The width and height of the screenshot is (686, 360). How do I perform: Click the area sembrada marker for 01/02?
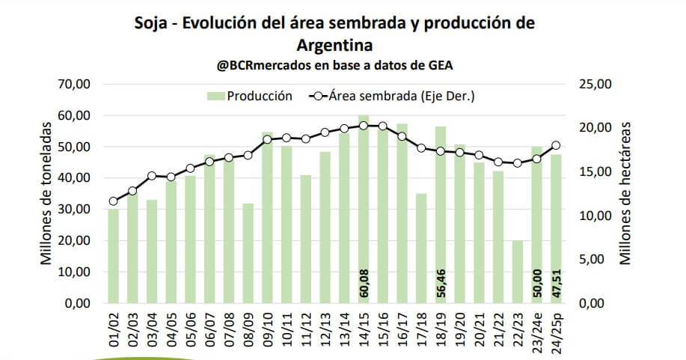point(113,201)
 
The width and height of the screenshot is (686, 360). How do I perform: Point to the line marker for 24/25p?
point(556,145)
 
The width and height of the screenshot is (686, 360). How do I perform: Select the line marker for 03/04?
point(152,176)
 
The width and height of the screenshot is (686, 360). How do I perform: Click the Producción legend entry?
point(249,96)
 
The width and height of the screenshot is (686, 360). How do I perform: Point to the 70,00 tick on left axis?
point(73,84)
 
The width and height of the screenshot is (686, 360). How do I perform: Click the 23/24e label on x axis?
point(536,332)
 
